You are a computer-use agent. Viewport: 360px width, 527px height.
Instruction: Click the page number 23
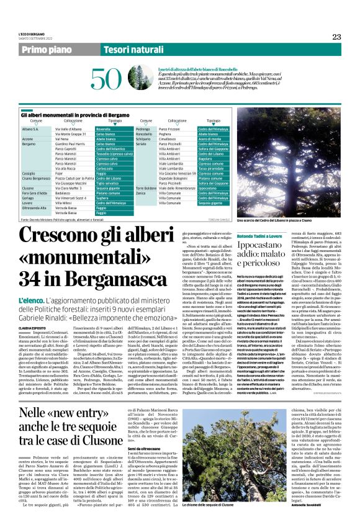coord(336,37)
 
